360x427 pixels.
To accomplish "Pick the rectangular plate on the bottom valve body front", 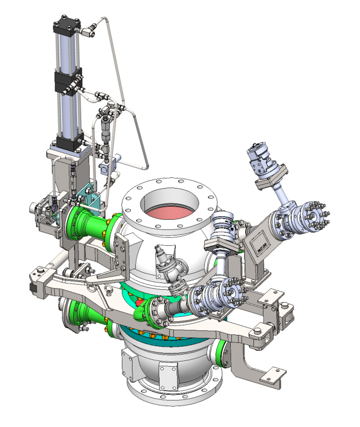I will click(168, 375).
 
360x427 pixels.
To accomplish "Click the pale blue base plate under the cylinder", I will click(68, 151).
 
